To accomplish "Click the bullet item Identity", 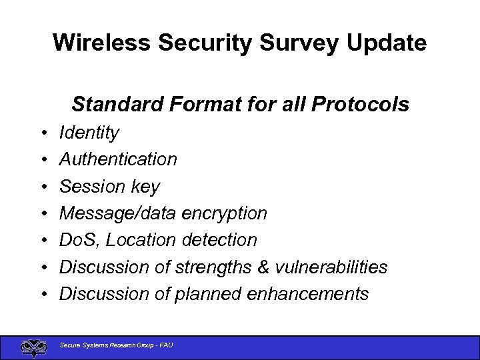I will tap(89, 133).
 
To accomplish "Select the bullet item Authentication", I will tap(118, 159).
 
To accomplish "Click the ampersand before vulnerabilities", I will tap(265, 267).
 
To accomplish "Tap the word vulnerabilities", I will tap(331, 267).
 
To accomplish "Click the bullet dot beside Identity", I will tap(42, 133).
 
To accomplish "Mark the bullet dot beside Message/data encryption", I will tap(42, 214).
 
